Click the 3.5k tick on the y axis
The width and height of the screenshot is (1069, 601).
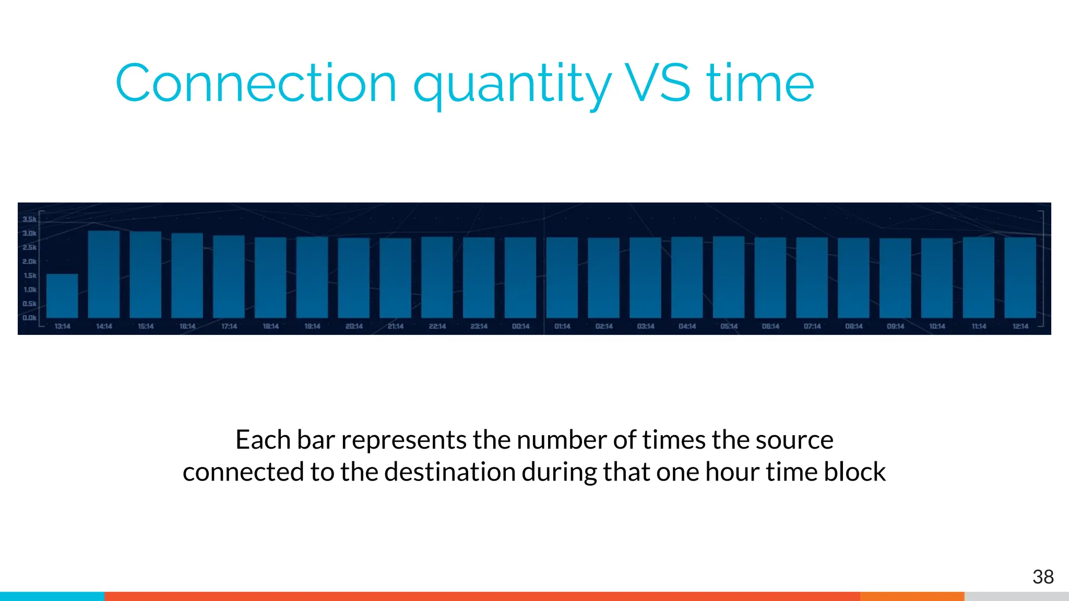30,219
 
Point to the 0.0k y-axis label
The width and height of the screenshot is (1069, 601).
30,318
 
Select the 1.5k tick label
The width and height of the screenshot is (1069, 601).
30,275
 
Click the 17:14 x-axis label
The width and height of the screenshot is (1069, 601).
229,327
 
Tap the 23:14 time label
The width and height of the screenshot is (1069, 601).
479,327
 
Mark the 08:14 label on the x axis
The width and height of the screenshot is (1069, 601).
853,327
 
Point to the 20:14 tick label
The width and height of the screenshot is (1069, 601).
354,327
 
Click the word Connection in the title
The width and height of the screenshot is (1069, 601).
256,83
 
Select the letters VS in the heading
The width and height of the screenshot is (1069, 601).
658,83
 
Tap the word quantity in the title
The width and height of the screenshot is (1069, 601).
512,86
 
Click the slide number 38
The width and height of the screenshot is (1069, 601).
1043,577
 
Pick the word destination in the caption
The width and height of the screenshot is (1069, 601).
450,472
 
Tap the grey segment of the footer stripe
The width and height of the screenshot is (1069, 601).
1016,596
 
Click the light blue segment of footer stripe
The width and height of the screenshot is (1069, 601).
52,596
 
